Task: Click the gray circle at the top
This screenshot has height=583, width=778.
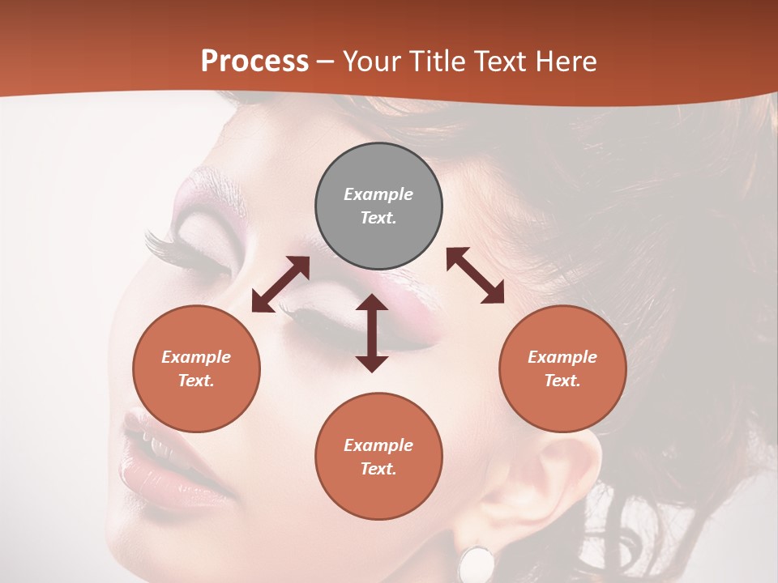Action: pyautogui.click(x=378, y=206)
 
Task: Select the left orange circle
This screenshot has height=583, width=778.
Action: pyautogui.click(x=196, y=368)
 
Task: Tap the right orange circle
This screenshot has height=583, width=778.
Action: pyautogui.click(x=562, y=368)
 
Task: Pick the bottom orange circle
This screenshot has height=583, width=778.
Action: pyautogui.click(x=378, y=457)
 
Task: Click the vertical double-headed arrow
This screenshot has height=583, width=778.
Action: pyautogui.click(x=372, y=333)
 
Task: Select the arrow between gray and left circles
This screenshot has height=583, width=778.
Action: pyautogui.click(x=280, y=284)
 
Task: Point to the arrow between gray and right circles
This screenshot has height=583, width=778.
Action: pyautogui.click(x=475, y=275)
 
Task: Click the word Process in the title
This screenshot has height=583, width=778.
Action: pyautogui.click(x=254, y=61)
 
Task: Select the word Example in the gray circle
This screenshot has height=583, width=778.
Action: pyautogui.click(x=378, y=194)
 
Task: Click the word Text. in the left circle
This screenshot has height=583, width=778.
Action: pyautogui.click(x=196, y=381)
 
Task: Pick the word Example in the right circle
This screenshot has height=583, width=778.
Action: pyautogui.click(x=562, y=357)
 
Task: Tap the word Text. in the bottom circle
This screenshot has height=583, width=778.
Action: pyautogui.click(x=378, y=469)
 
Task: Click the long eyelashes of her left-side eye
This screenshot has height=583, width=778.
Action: pyautogui.click(x=166, y=248)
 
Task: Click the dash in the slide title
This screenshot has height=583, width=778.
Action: pyautogui.click(x=326, y=62)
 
